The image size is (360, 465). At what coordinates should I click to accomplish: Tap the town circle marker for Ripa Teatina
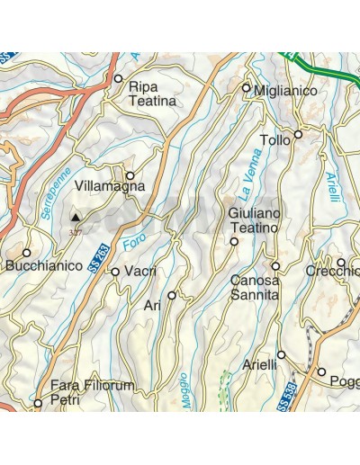click(118, 79)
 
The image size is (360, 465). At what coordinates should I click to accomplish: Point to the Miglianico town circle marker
click(246, 87)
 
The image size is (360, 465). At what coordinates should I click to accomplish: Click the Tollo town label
click(274, 140)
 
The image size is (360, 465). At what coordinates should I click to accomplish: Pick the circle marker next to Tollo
click(298, 133)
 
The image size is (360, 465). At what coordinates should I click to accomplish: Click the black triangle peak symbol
click(76, 216)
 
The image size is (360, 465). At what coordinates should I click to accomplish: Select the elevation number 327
click(74, 230)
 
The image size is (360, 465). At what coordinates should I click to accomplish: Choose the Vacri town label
click(141, 272)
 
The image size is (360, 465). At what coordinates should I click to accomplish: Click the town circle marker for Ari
click(171, 295)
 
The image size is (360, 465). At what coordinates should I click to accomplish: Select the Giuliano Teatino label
click(255, 220)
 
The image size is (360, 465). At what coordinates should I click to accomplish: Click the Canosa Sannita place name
click(256, 287)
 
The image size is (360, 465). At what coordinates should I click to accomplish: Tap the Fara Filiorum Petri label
click(92, 393)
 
